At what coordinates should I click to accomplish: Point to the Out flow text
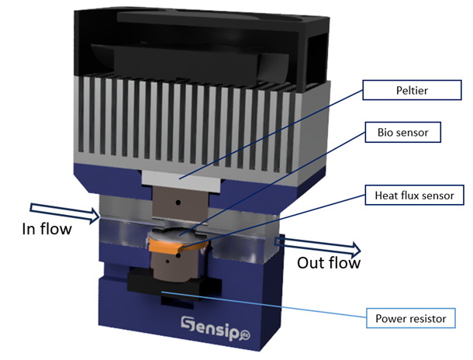329,263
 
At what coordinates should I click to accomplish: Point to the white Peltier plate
178,177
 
